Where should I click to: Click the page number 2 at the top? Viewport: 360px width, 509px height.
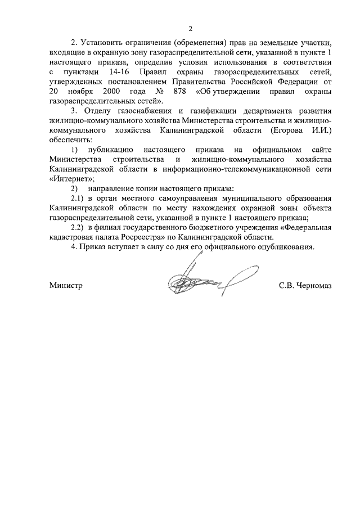[x=190, y=29]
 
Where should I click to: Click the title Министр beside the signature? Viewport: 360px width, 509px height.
[x=66, y=285]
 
